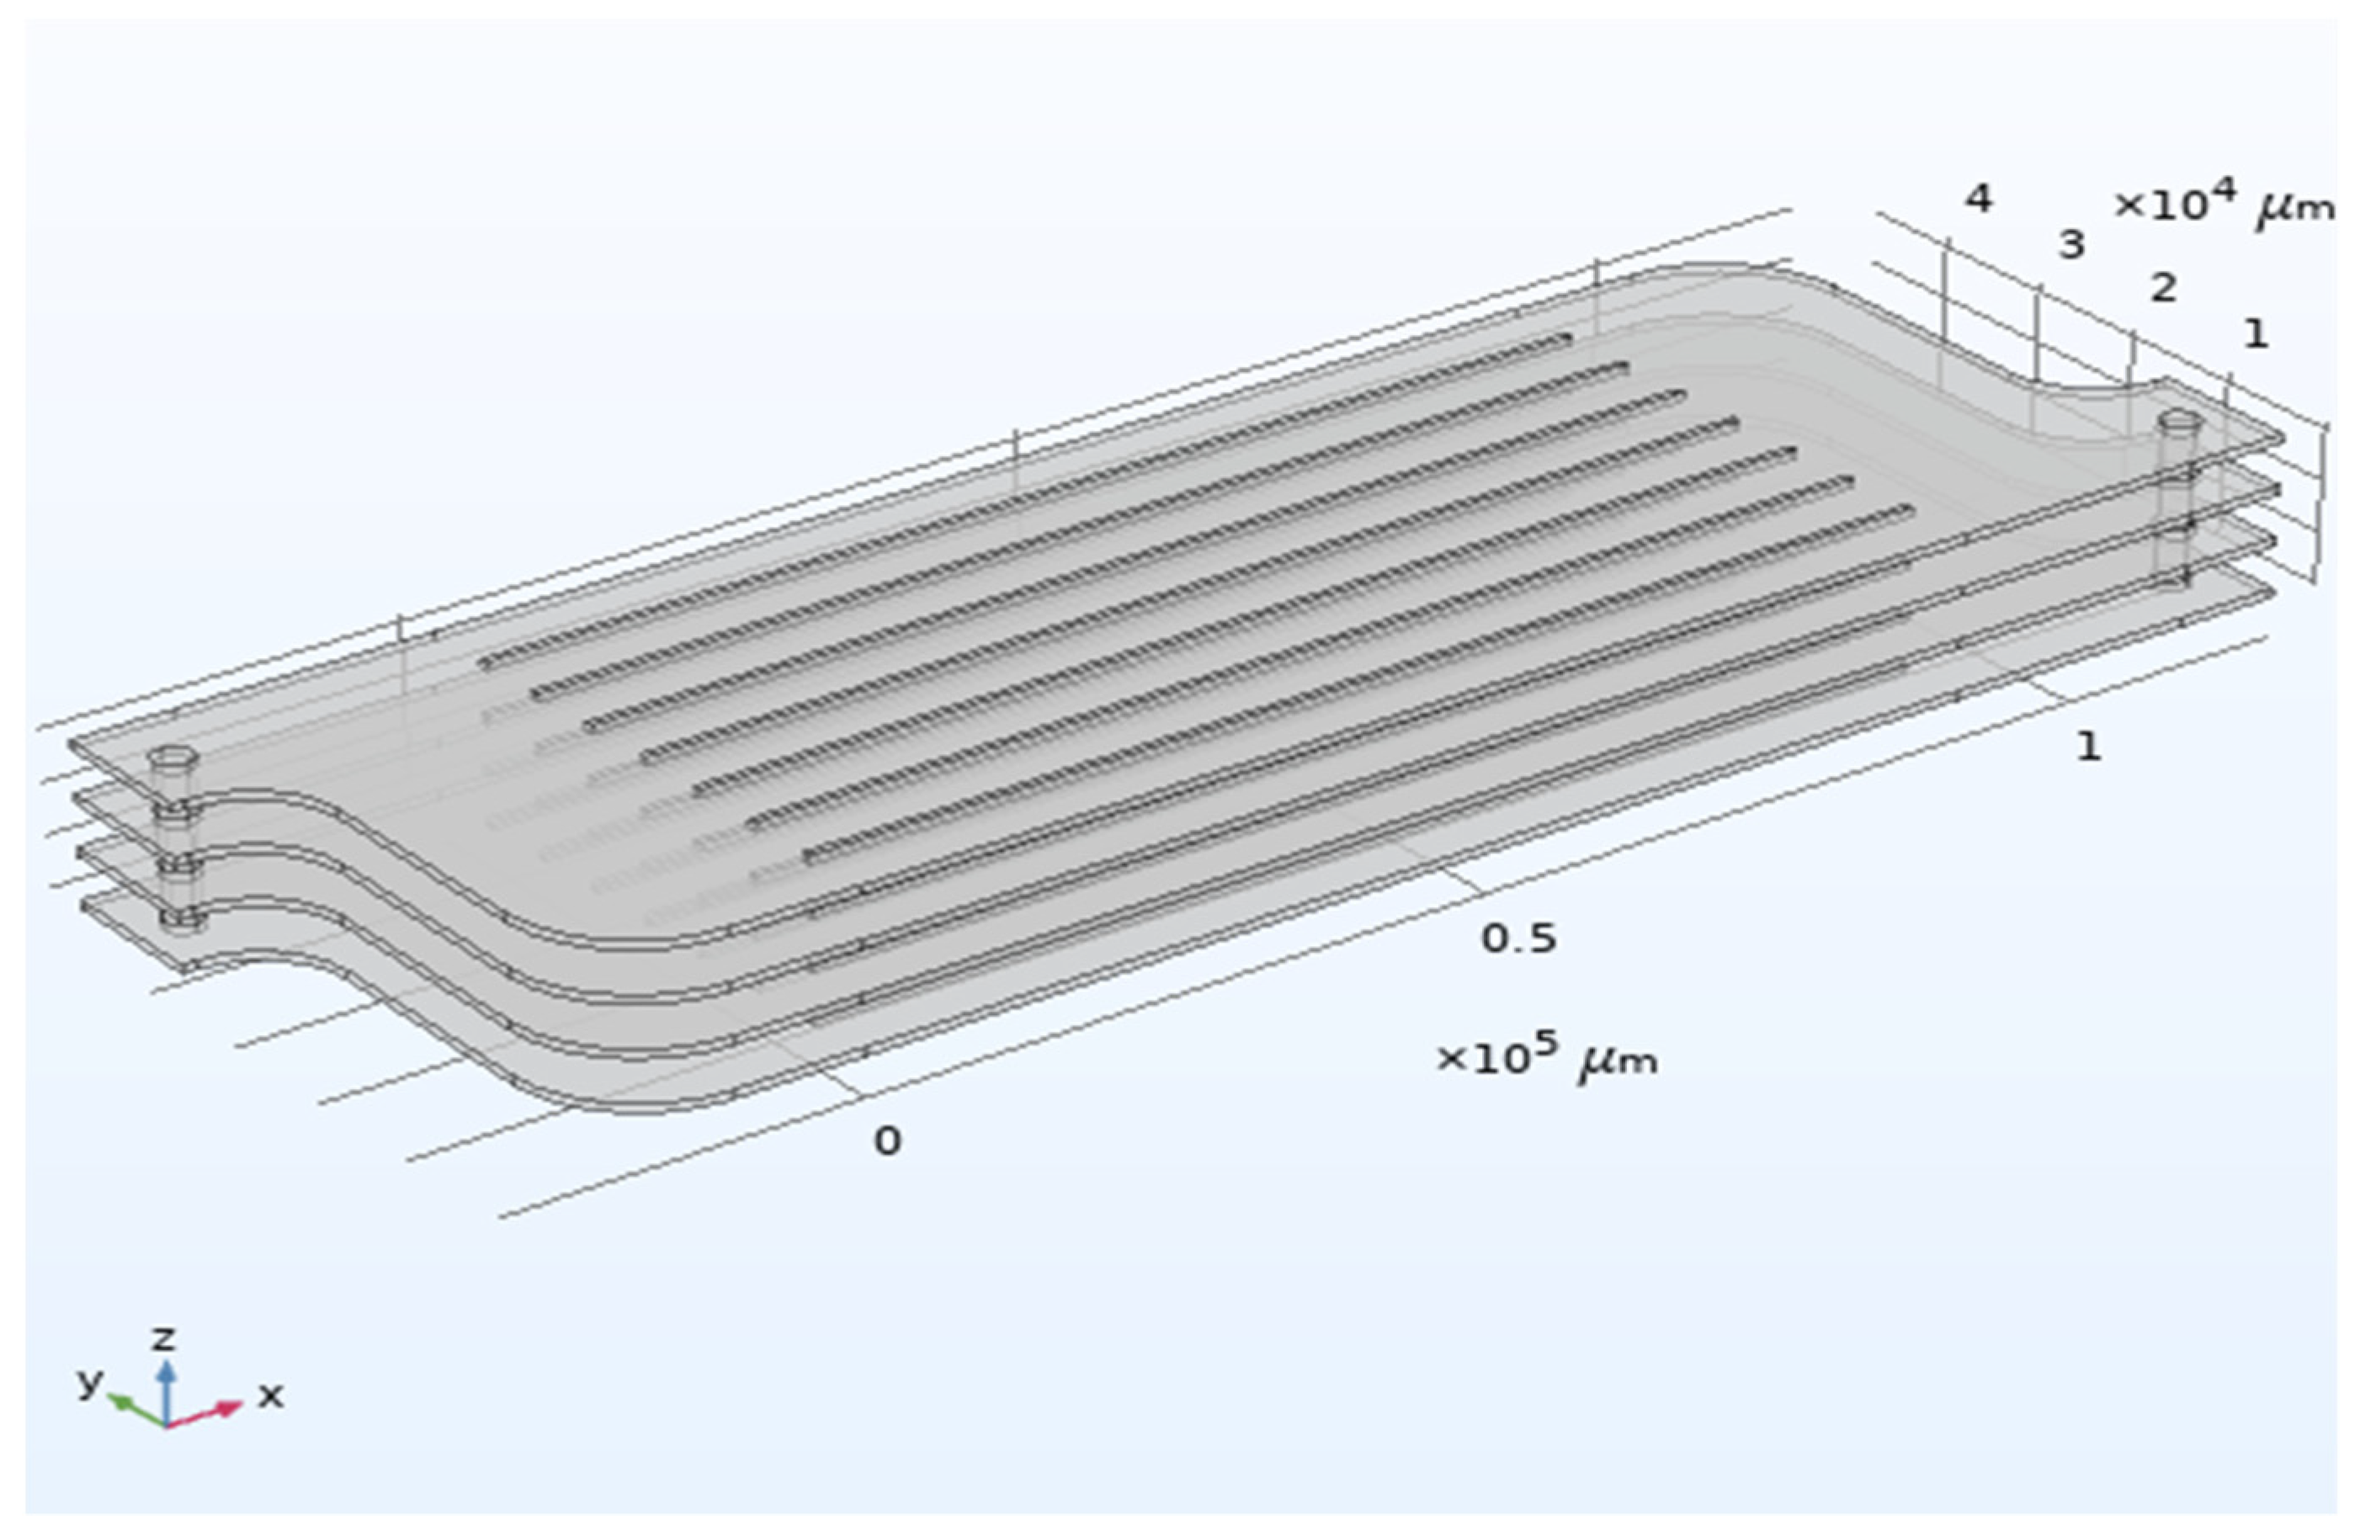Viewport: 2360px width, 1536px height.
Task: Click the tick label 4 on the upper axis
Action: [1978, 200]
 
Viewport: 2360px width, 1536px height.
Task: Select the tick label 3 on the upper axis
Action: [2071, 245]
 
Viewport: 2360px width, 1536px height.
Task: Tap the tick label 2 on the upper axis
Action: [2163, 289]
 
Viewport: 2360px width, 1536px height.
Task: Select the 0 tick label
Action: [887, 1141]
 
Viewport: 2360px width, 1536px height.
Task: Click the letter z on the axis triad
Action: [162, 1339]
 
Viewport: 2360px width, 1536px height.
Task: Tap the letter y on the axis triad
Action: [90, 1379]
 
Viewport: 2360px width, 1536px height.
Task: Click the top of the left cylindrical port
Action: [173, 757]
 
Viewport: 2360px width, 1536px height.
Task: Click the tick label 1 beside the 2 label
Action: [2256, 334]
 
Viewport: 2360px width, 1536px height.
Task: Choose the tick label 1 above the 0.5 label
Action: [2088, 746]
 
